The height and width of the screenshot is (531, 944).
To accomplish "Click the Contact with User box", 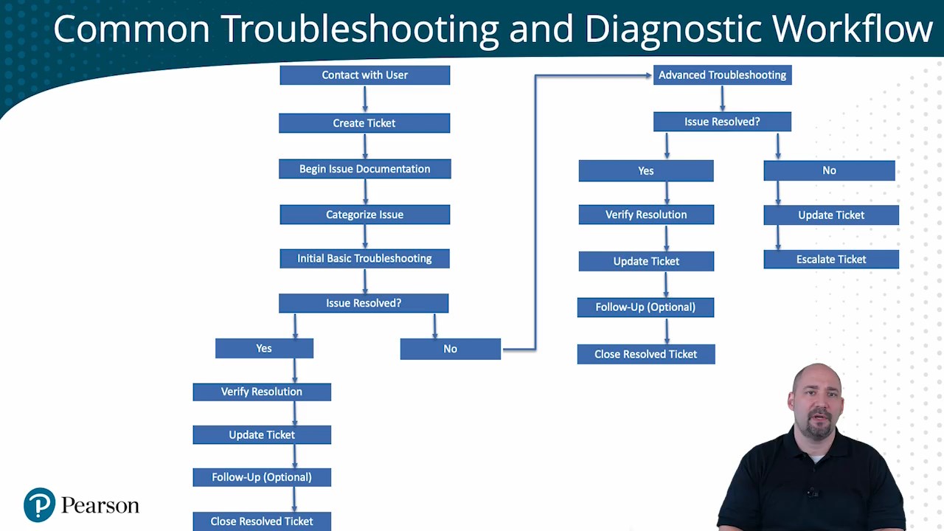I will coord(364,75).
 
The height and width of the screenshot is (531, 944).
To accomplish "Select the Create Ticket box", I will coord(364,123).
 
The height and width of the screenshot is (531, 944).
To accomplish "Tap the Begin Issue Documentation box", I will coord(364,169).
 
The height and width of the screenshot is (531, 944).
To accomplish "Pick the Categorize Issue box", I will coord(364,215).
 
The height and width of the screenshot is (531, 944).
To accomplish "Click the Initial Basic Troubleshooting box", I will coord(364,258).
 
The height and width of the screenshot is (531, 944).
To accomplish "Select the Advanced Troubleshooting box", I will coord(722,75).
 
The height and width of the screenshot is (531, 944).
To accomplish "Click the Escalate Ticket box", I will coord(831,260).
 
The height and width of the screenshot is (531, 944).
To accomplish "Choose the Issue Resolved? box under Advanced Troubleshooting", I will coord(722,122).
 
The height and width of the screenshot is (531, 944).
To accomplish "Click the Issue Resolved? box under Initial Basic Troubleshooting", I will coord(364,303).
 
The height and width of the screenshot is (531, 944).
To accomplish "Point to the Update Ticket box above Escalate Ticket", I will coord(831,215).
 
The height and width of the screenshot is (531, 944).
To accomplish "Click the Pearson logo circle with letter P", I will coord(40,505).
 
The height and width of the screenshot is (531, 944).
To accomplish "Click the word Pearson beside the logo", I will coord(100,506).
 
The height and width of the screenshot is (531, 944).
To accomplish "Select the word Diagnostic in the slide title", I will coord(673,29).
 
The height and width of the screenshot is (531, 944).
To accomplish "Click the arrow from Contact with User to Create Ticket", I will coord(364,99).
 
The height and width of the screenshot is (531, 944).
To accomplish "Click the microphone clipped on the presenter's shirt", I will coord(812,492).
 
